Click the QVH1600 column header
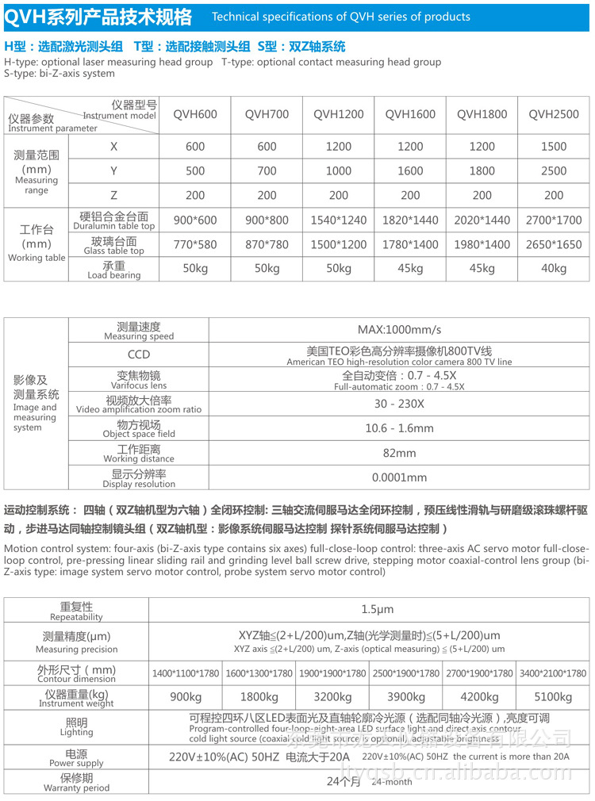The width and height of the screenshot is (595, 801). click(x=410, y=114)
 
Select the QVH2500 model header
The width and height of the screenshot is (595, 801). click(x=554, y=114)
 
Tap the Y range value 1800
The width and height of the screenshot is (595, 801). click(x=482, y=171)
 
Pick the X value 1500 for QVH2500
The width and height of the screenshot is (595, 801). click(x=554, y=147)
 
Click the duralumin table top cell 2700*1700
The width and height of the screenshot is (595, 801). click(x=554, y=220)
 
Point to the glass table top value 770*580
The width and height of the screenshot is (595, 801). click(x=195, y=245)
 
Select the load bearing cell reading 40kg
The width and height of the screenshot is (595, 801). click(x=554, y=269)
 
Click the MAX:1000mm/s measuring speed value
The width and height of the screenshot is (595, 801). click(x=399, y=330)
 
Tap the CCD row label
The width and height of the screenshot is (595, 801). click(x=139, y=355)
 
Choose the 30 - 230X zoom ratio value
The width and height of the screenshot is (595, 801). click(x=399, y=404)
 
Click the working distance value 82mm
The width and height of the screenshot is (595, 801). click(x=399, y=453)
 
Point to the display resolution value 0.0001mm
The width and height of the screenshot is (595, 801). click(x=399, y=477)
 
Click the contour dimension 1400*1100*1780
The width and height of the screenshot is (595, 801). click(x=186, y=673)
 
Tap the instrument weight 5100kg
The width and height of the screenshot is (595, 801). click(x=553, y=697)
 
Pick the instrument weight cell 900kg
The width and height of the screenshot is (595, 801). click(x=186, y=697)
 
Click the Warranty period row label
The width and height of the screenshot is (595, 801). click(x=76, y=783)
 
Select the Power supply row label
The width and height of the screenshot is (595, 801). click(x=76, y=758)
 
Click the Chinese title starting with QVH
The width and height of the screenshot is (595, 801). click(x=98, y=16)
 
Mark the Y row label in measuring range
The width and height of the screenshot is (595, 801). click(x=113, y=171)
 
